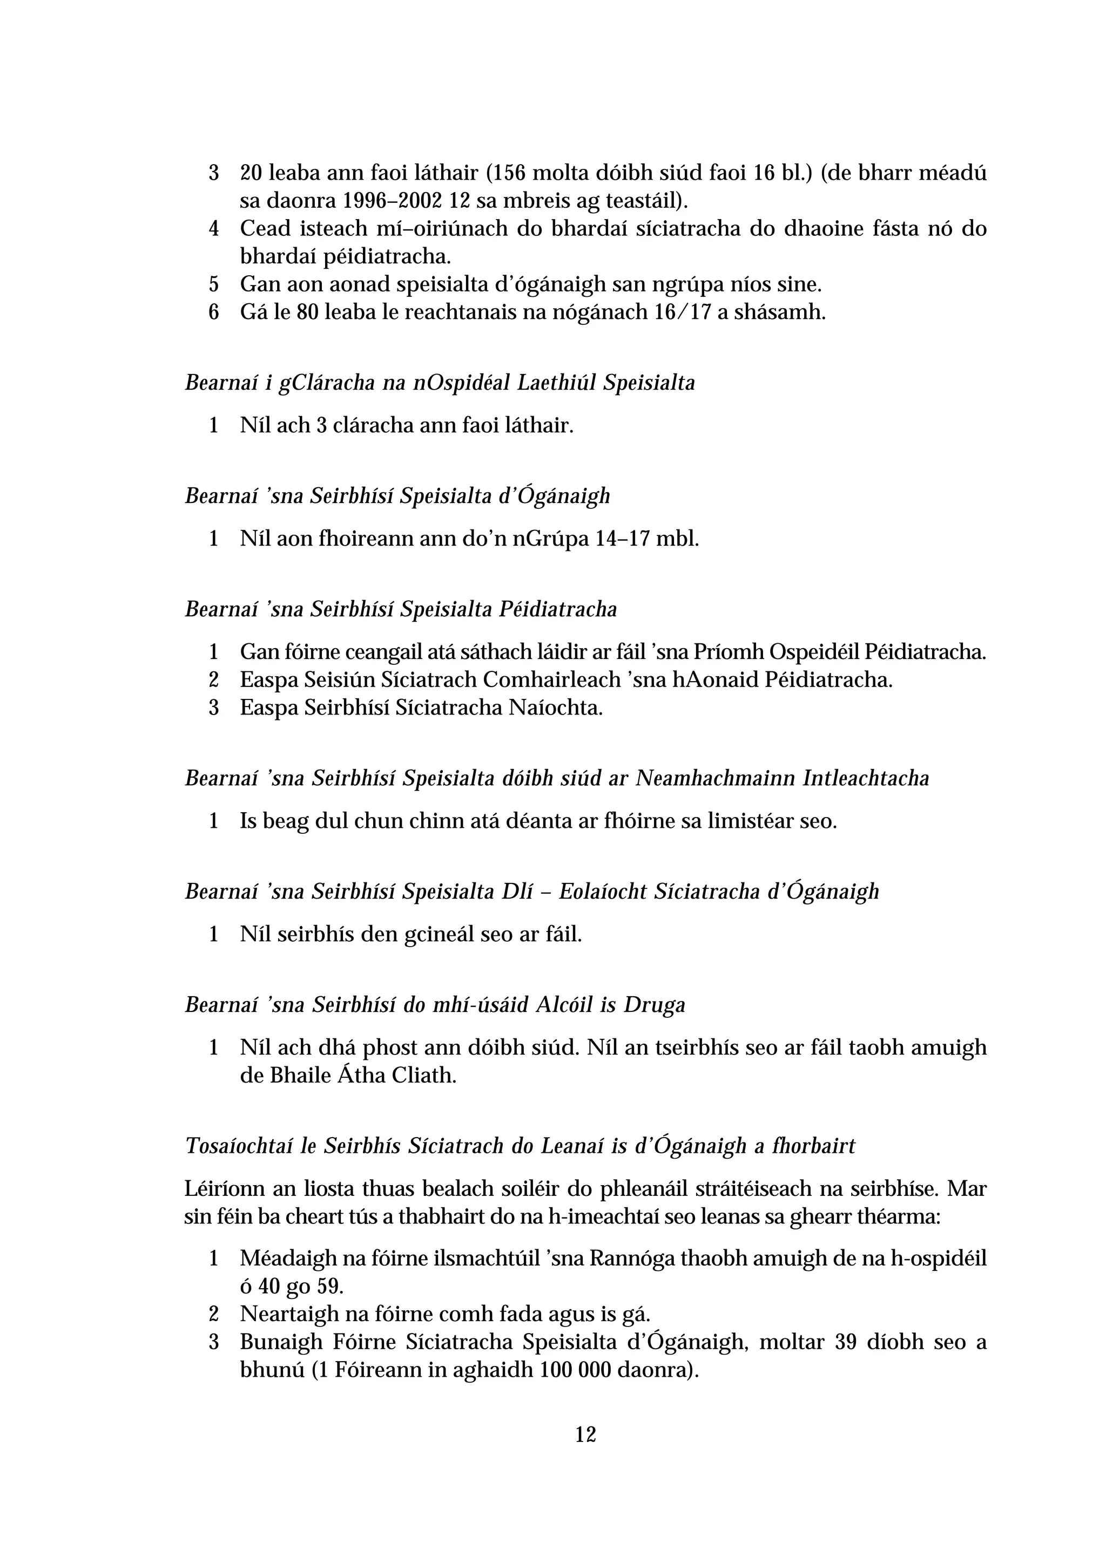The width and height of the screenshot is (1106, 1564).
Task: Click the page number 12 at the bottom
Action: coord(585,1434)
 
